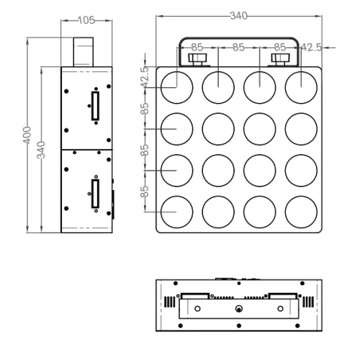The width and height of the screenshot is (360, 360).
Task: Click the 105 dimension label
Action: coord(86,21)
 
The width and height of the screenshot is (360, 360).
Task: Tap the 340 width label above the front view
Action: coord(238,16)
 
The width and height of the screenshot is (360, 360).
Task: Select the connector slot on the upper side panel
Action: coord(94,107)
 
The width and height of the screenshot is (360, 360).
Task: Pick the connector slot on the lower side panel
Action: coord(94,193)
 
